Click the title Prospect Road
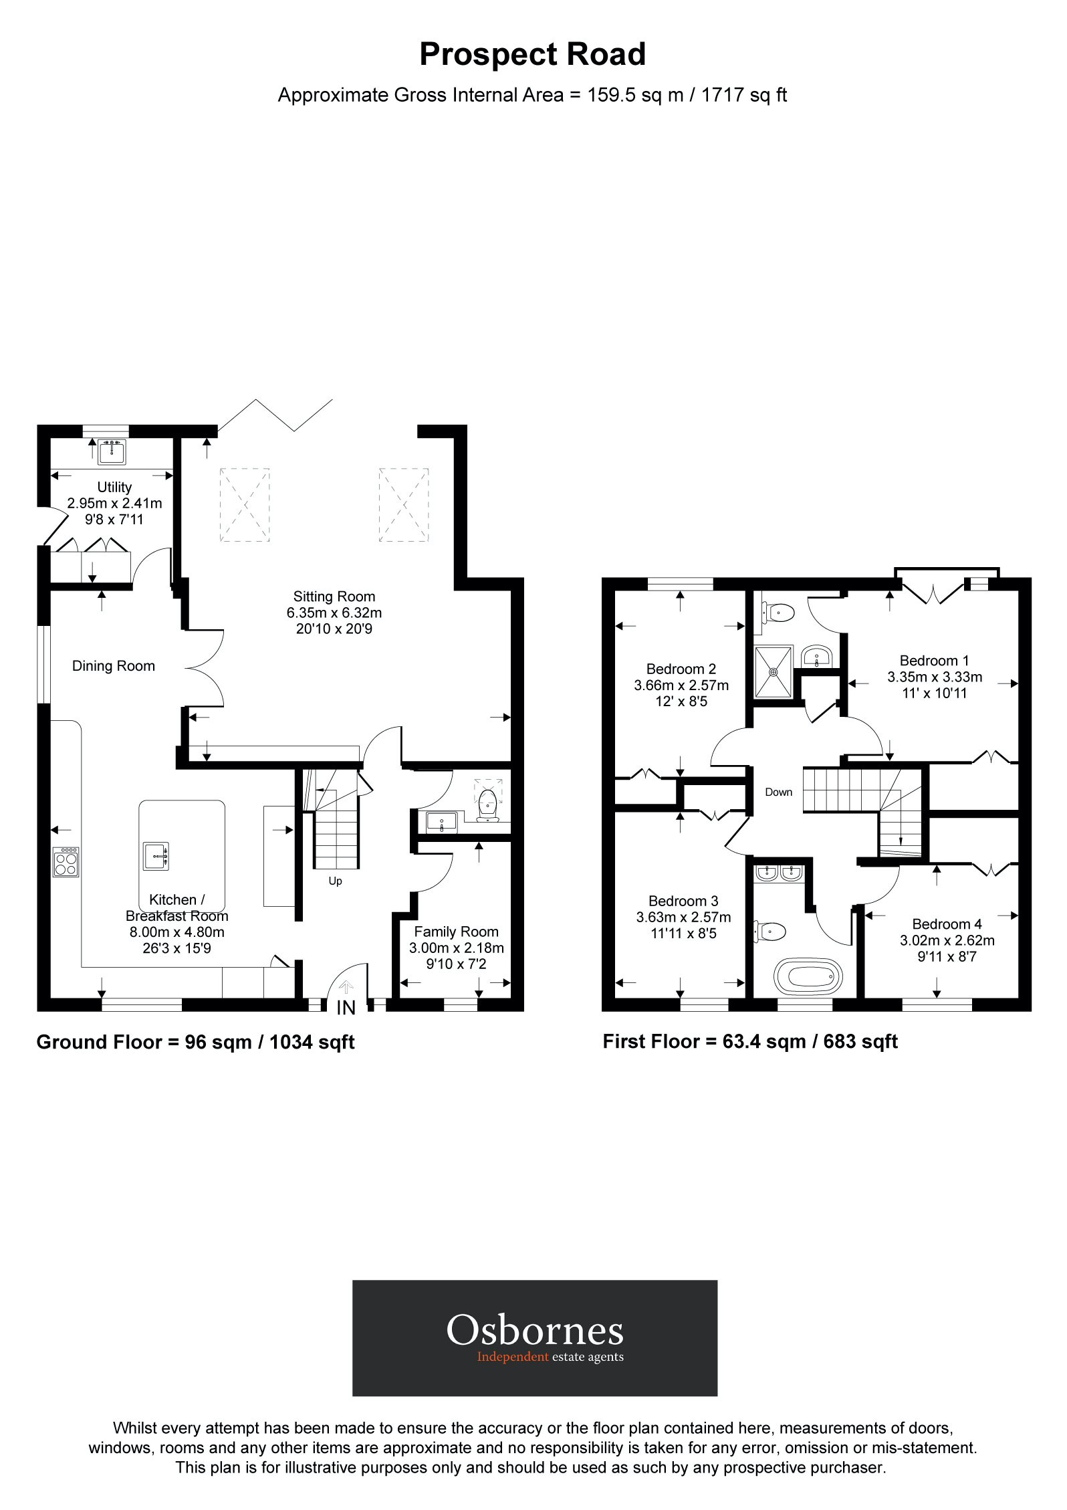point(532,55)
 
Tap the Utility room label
point(114,487)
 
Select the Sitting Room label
point(334,597)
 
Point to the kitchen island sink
point(156,856)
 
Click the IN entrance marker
point(346,1008)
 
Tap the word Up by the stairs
point(335,881)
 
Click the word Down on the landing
point(778,792)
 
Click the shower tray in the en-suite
point(774,671)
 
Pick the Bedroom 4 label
point(947,924)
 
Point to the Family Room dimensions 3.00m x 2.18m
point(456,948)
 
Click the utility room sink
point(111,451)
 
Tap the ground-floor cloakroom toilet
point(490,800)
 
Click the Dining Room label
point(114,666)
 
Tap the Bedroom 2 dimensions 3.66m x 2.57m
point(681,685)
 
